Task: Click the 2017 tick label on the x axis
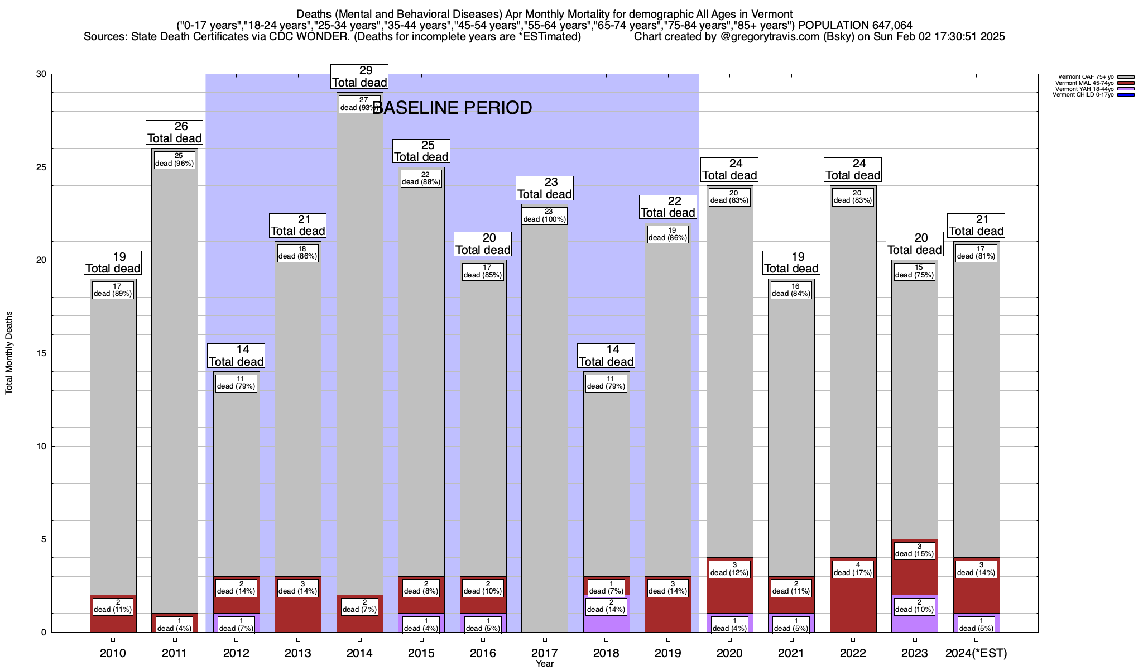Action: (544, 653)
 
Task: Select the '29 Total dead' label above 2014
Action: (359, 77)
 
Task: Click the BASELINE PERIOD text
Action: (452, 108)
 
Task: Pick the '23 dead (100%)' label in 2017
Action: (544, 216)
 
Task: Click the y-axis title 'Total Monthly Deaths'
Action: (9, 353)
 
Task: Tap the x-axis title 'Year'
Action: (544, 664)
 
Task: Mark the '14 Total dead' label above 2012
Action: (236, 356)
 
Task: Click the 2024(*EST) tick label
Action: (976, 653)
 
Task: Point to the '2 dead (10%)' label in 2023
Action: (915, 606)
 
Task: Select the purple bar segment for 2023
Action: (915, 623)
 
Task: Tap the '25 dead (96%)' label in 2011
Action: (175, 160)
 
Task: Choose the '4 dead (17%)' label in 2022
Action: (853, 569)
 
